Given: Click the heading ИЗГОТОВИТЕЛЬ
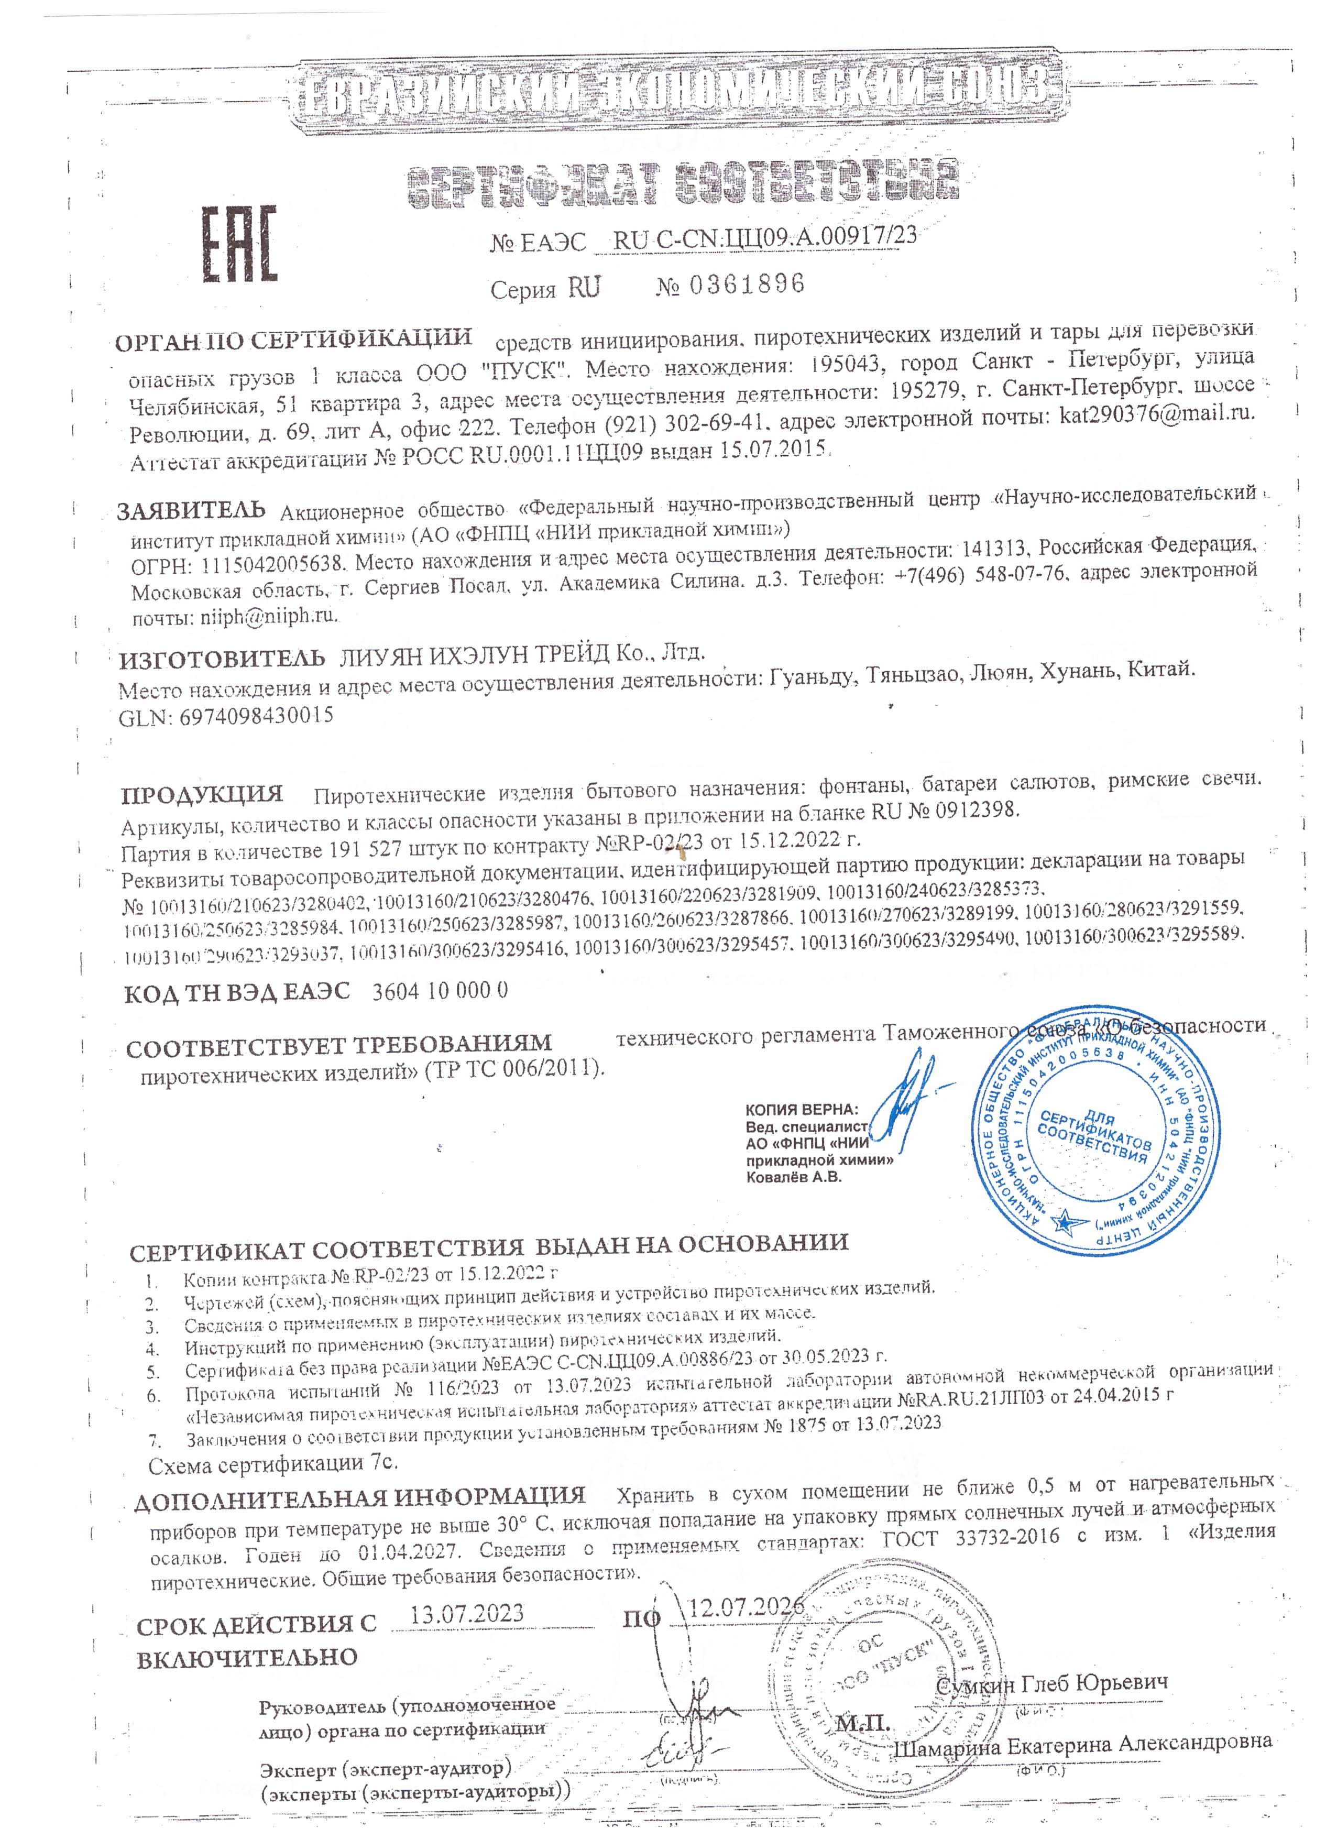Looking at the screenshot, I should click(x=222, y=659).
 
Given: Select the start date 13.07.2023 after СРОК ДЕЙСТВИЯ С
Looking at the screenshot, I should click(x=466, y=1613).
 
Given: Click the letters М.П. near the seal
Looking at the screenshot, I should click(x=863, y=1722).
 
